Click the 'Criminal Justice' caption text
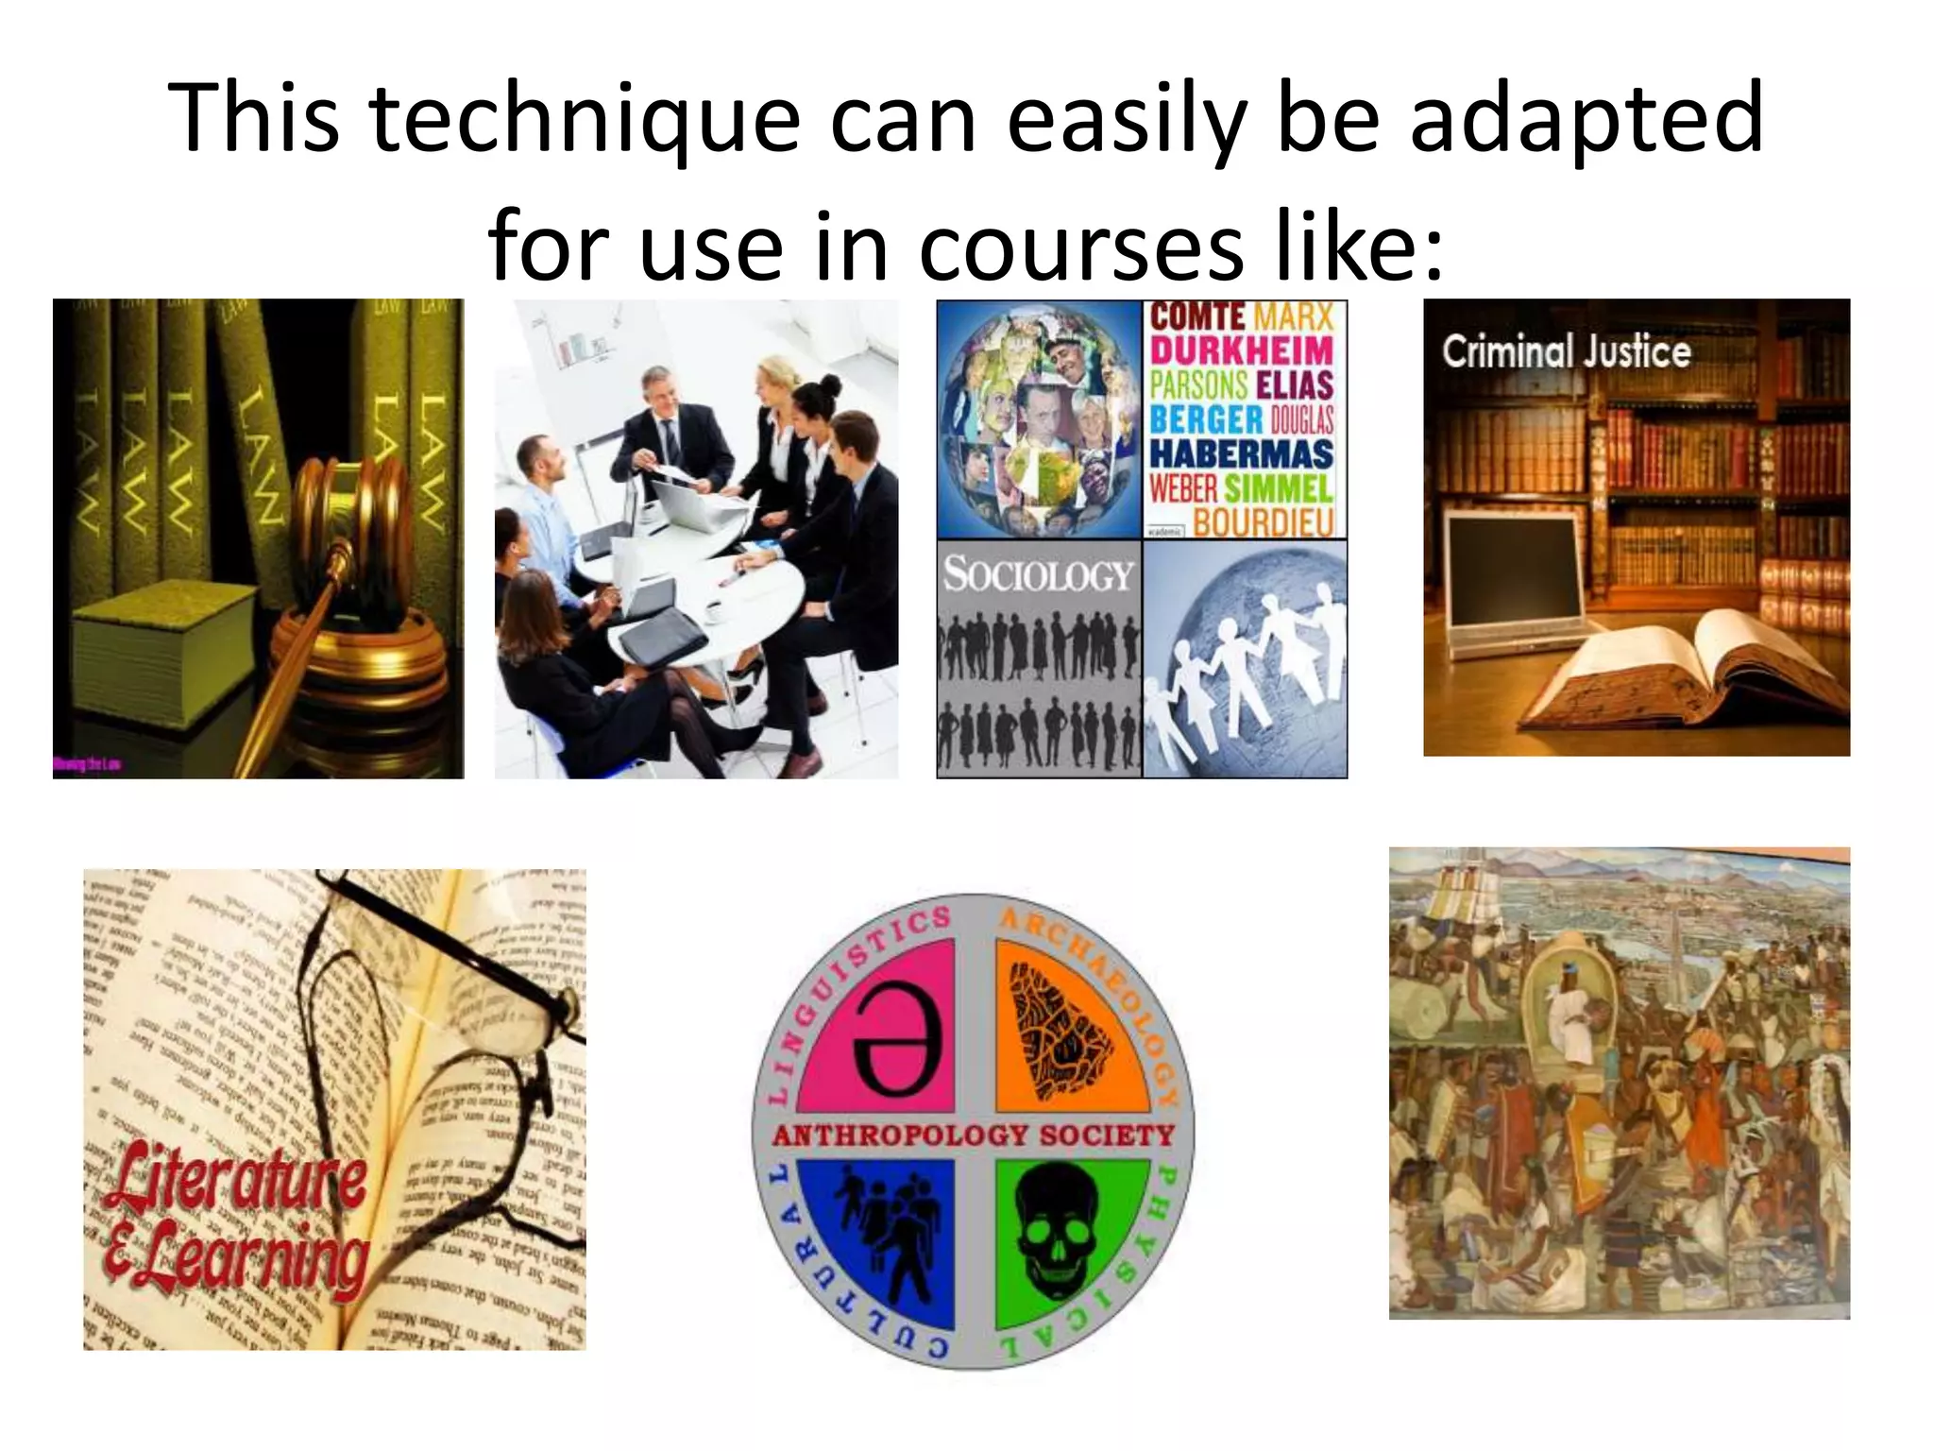pyautogui.click(x=1566, y=352)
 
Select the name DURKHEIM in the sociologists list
pyautogui.click(x=1242, y=350)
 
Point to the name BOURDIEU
pyautogui.click(x=1264, y=521)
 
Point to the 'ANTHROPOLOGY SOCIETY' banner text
pyautogui.click(x=973, y=1135)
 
